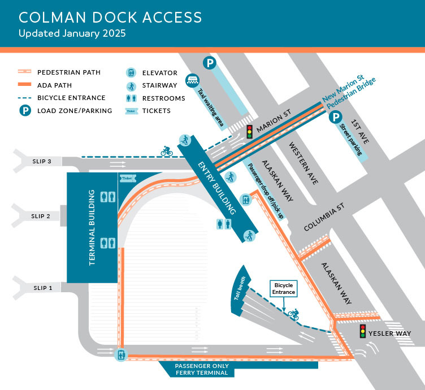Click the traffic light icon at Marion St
[249, 131]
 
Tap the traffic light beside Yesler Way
[362, 331]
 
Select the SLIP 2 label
[41, 216]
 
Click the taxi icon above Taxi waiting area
[192, 80]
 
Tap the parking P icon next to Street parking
[336, 118]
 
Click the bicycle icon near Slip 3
[167, 151]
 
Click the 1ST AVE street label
[359, 131]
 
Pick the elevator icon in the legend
[131, 73]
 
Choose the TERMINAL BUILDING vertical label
[92, 228]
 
